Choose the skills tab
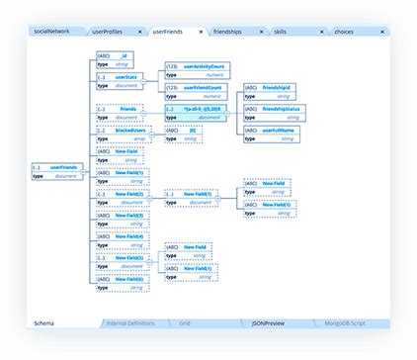point(293,32)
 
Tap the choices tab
point(345,32)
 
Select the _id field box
point(118,59)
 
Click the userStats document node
point(118,80)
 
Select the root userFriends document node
point(57,171)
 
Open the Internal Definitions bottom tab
point(130,323)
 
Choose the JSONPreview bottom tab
point(268,323)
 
